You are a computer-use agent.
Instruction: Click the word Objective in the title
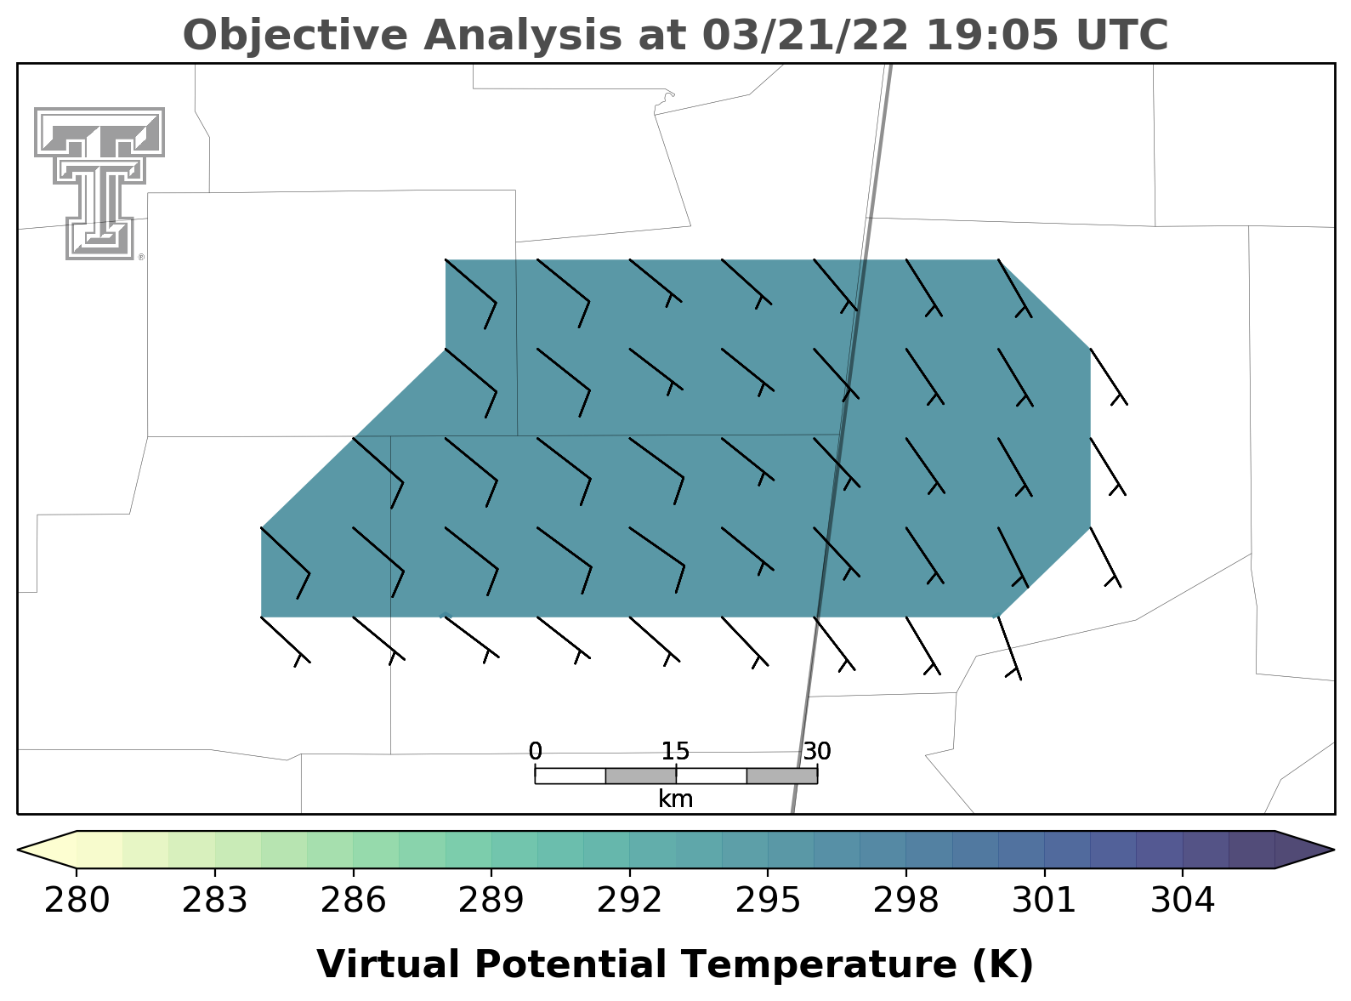(x=295, y=37)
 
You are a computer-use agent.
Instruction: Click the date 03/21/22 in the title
(x=804, y=35)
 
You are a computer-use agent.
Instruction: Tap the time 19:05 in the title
(x=991, y=35)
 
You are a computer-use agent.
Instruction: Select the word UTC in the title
(x=1122, y=35)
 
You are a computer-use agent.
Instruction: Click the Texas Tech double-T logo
(x=99, y=184)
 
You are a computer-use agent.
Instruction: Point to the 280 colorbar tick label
(x=77, y=901)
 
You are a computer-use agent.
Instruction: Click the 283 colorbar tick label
(x=215, y=901)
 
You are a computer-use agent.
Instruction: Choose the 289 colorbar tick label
(x=491, y=901)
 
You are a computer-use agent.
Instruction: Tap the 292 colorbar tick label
(x=629, y=901)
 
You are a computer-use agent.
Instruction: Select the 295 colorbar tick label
(x=768, y=901)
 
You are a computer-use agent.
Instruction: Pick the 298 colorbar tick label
(x=905, y=901)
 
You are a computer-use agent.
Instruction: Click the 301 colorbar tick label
(x=1044, y=901)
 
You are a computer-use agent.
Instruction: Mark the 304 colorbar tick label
(x=1183, y=901)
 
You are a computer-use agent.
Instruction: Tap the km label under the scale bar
(x=675, y=799)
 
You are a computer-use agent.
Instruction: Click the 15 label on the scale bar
(x=675, y=752)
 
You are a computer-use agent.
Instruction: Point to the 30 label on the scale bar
(x=817, y=752)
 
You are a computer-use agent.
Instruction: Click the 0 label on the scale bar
(x=536, y=752)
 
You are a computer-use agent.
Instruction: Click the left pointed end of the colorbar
(x=18, y=850)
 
